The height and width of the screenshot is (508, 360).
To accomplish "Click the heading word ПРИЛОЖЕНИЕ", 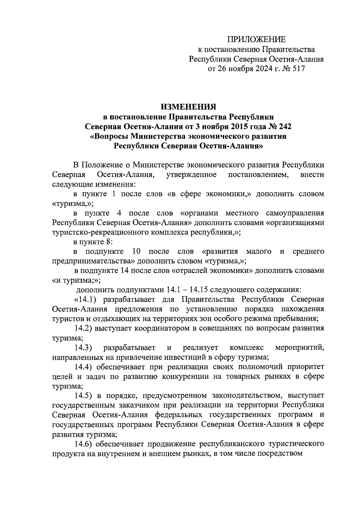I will (256, 40).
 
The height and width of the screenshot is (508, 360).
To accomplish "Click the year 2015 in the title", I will (231, 126).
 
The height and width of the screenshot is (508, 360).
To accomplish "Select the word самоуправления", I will (295, 213).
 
